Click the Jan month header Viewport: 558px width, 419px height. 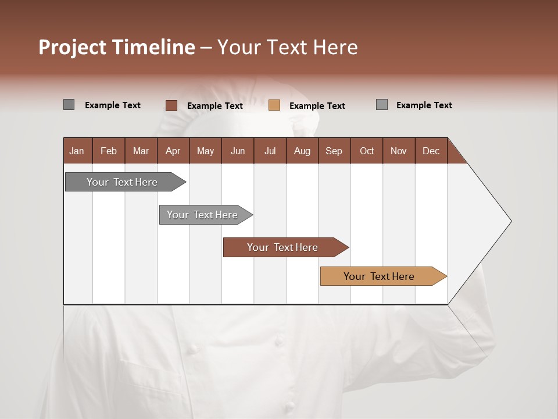coord(77,151)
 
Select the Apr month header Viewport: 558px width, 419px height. coord(173,151)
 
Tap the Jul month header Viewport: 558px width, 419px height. coord(270,151)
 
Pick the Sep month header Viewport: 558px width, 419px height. coord(334,151)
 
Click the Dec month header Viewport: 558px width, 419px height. coord(431,151)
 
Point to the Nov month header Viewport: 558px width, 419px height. coord(398,151)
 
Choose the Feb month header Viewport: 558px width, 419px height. coord(109,151)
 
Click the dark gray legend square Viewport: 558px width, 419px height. coord(69,105)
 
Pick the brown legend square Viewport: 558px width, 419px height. coord(171,105)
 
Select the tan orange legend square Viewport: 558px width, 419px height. coord(274,105)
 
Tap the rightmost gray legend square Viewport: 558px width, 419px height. coord(381,105)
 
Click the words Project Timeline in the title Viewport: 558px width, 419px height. coord(116,47)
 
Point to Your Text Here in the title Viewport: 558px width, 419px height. coord(287,47)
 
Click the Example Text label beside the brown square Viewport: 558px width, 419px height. coord(214,106)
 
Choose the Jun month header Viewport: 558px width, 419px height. coord(237,151)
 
